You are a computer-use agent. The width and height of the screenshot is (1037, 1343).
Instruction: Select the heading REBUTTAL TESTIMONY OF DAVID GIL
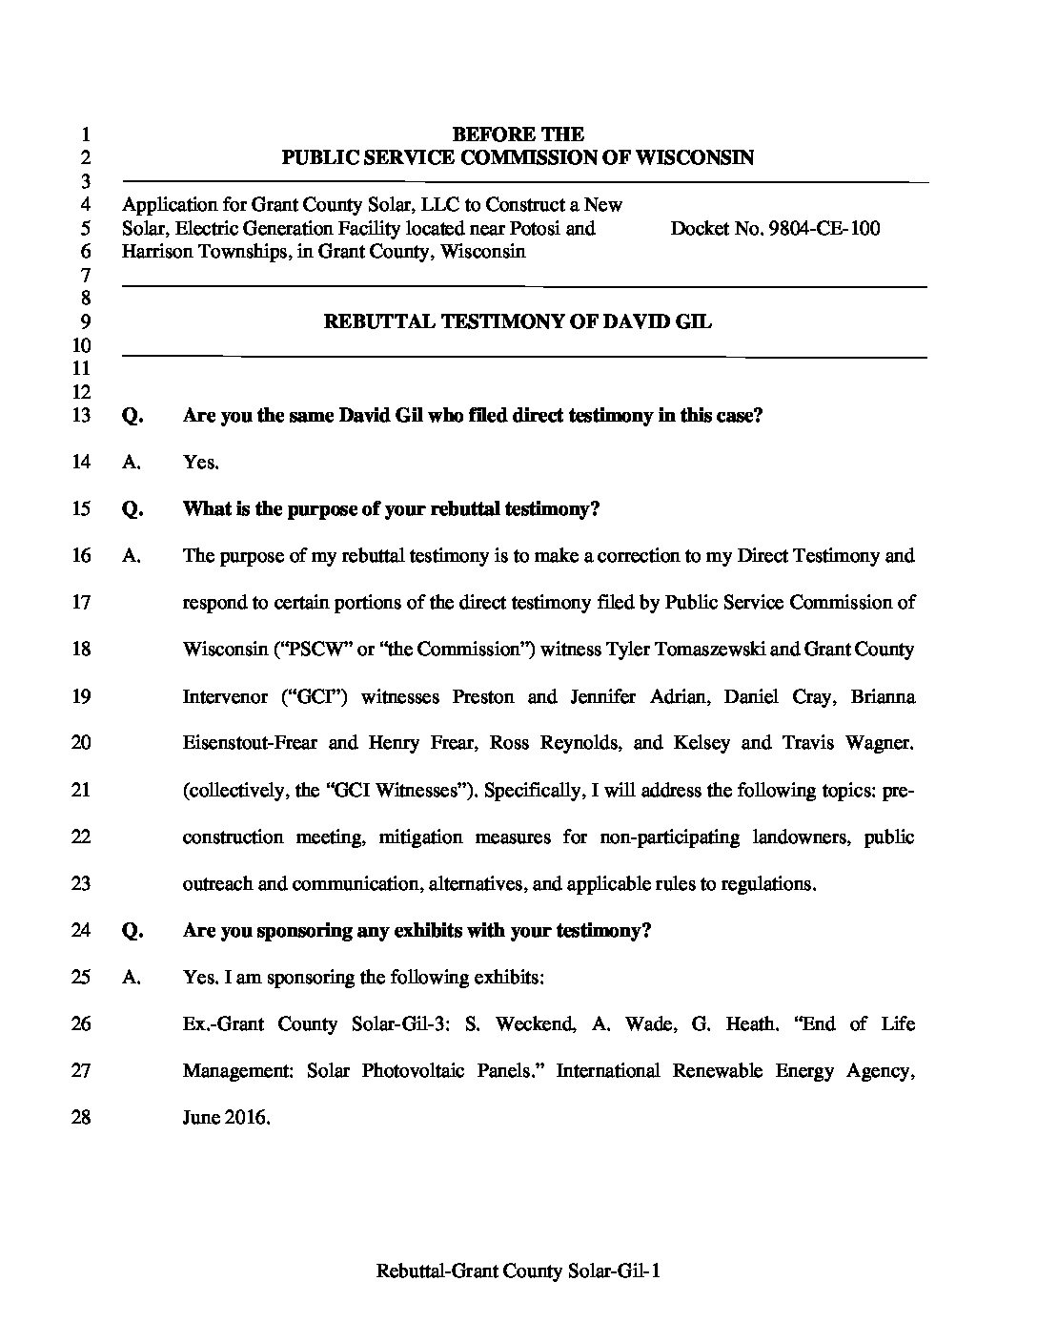tap(518, 321)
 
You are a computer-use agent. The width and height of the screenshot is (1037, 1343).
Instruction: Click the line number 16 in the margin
tap(81, 556)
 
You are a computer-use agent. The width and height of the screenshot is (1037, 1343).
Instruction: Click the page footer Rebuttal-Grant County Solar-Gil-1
tap(518, 1271)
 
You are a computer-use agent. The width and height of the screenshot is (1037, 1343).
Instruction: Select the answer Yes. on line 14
tap(201, 463)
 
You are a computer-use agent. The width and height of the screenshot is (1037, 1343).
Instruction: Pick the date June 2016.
tap(227, 1118)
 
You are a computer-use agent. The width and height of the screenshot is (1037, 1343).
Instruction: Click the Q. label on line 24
tap(132, 931)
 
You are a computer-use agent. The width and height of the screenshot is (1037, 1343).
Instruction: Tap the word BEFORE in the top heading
tap(482, 134)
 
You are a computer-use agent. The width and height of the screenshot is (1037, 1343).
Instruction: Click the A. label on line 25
tap(132, 978)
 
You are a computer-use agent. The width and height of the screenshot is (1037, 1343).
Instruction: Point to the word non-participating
tap(669, 837)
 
